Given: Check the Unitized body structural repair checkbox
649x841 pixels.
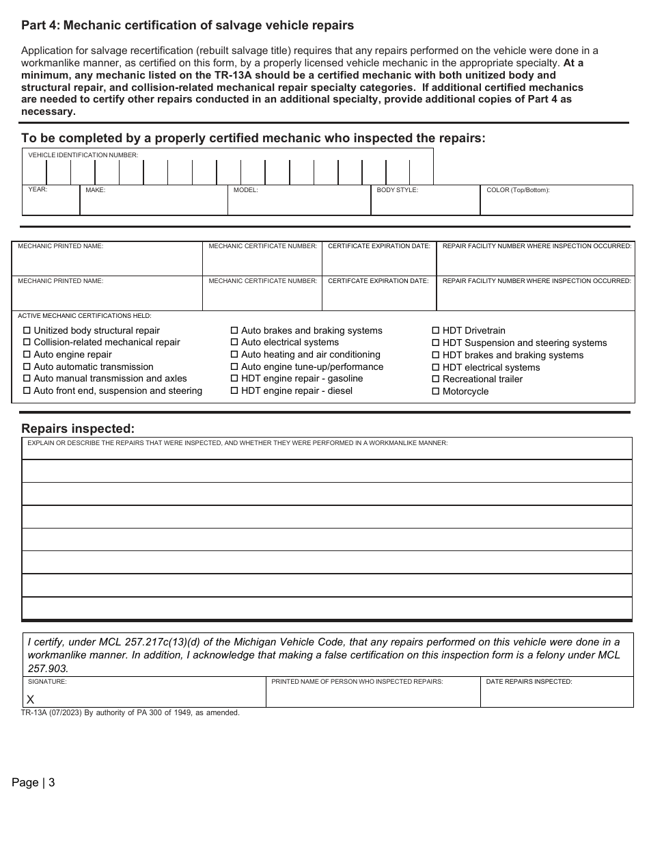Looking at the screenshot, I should click(27, 331).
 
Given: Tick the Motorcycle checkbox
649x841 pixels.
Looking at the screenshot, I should click(436, 392).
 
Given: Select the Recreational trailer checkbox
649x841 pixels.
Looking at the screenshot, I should click(436, 379).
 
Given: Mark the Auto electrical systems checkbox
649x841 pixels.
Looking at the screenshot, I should click(234, 343).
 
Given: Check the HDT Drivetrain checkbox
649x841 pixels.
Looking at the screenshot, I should click(436, 331).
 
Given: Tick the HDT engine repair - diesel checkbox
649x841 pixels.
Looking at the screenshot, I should click(234, 391).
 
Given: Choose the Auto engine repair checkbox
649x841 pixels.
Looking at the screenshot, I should click(27, 355).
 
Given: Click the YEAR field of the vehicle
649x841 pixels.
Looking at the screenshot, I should click(51, 203).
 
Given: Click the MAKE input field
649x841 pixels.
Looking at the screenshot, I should click(153, 203).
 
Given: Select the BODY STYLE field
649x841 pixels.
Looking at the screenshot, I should click(426, 203).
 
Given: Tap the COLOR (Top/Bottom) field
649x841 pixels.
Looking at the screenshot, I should click(557, 203).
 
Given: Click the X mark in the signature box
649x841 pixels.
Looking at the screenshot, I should click(30, 699).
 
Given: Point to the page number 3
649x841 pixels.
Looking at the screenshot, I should click(51, 783).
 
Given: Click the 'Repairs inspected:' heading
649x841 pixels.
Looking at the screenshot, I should click(78, 429).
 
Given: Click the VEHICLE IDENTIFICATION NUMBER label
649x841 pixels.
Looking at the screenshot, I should click(83, 155).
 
